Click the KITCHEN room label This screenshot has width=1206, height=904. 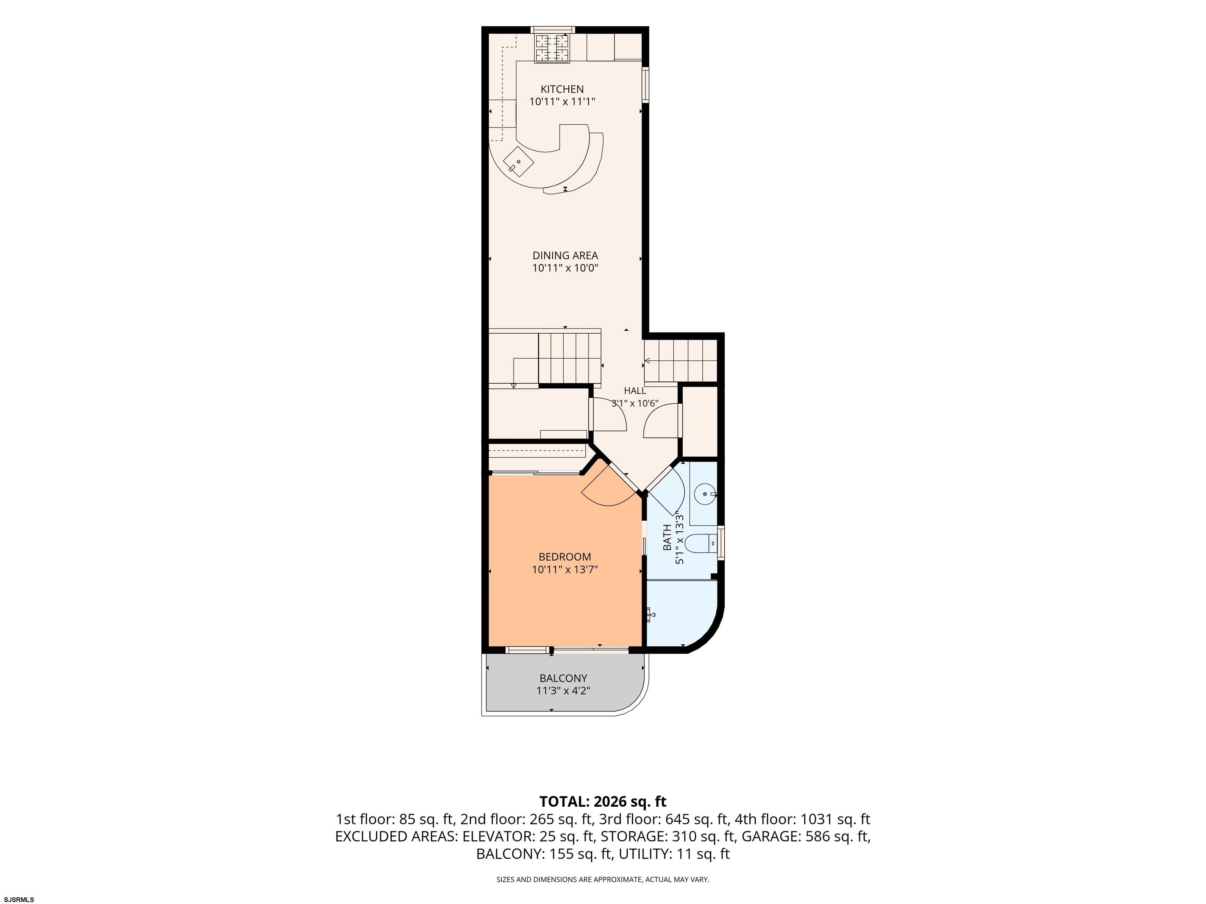click(x=562, y=89)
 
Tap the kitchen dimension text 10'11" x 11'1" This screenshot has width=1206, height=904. click(x=562, y=101)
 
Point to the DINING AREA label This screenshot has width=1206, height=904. click(x=565, y=255)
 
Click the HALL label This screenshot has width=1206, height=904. click(x=635, y=391)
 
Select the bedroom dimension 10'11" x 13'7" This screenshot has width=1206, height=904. click(x=565, y=569)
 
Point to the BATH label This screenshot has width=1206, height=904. click(x=667, y=537)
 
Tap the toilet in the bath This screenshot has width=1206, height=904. click(x=702, y=543)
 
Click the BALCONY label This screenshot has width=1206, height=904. click(x=563, y=678)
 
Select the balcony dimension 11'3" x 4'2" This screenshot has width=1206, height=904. click(x=563, y=691)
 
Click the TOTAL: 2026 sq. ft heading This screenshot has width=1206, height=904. click(x=603, y=802)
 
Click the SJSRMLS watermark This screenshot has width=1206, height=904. click(x=19, y=899)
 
